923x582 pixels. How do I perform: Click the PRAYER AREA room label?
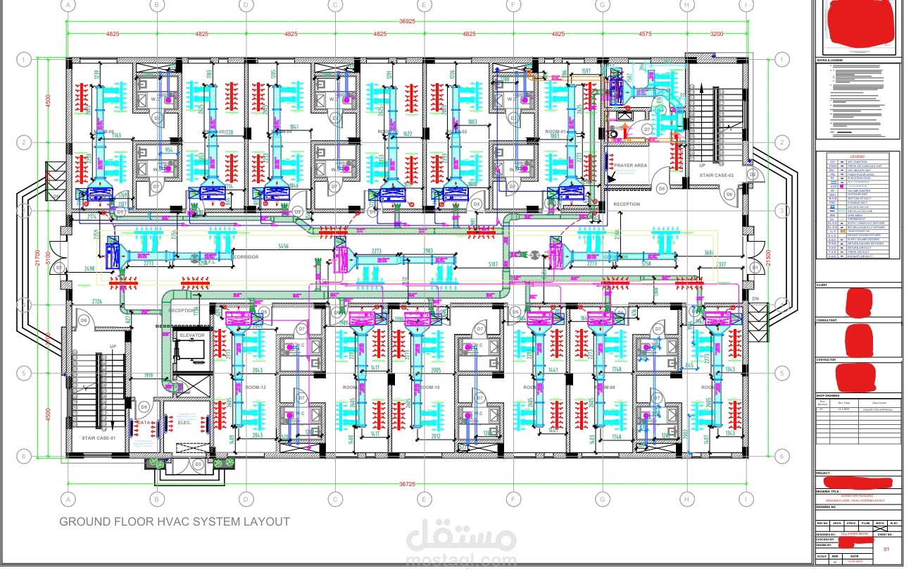(x=631, y=166)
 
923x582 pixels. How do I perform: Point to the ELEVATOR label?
(x=191, y=335)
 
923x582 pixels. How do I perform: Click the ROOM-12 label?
(x=255, y=388)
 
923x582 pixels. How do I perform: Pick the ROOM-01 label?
(x=556, y=132)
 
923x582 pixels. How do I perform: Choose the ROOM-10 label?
(x=429, y=388)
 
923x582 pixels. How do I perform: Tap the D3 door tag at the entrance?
(x=199, y=464)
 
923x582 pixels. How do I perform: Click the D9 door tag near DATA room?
(x=144, y=407)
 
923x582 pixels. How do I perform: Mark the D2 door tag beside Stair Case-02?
(x=752, y=173)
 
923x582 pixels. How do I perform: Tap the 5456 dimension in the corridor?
(x=283, y=246)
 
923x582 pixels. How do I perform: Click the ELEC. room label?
(x=184, y=422)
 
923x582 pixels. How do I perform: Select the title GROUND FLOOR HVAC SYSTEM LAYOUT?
(x=174, y=522)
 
